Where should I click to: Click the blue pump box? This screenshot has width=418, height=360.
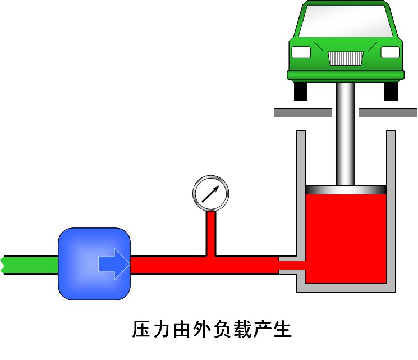pos(84,264)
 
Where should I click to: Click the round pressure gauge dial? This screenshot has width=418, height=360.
pos(212,193)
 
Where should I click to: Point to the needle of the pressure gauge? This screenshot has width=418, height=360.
pos(211,194)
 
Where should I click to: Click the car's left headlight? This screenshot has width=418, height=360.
pos(302,52)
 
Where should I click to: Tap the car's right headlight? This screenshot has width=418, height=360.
pos(390,52)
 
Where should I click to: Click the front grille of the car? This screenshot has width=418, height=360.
pos(345,57)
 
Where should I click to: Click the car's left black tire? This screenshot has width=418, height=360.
pos(301,90)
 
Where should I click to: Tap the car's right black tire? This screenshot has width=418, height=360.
pos(391,90)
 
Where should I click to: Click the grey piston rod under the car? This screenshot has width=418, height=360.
pos(346,135)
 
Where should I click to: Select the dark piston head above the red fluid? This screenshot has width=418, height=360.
pos(346,190)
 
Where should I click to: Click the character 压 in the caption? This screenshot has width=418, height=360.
pos(140,329)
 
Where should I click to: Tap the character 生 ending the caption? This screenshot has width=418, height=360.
pos(283,329)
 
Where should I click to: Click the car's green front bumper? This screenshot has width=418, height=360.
pos(346,74)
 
